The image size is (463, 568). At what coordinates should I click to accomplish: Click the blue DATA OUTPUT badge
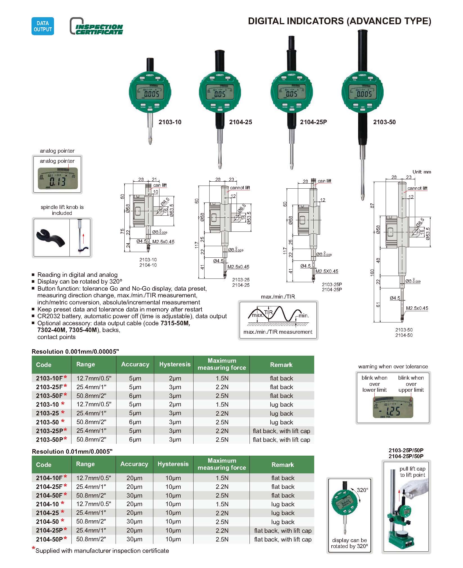point(42,26)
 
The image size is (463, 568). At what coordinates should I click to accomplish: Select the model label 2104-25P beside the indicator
point(313,122)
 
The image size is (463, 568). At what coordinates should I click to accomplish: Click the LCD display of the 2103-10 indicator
point(150,92)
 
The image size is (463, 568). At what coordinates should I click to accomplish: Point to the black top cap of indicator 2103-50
point(363,51)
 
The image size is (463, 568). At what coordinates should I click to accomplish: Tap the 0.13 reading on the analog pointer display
point(57,181)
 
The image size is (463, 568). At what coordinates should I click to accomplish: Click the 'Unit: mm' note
point(421,172)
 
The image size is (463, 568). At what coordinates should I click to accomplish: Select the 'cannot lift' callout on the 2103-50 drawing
point(417,188)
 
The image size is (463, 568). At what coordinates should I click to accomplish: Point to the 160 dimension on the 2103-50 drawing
point(372,272)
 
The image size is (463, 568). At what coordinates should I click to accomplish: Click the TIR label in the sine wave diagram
point(268,312)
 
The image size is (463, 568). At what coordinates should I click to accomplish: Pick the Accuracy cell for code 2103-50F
point(135,396)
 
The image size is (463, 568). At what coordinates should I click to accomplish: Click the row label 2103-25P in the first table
point(50,431)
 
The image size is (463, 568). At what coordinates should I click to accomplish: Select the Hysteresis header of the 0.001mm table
point(175,364)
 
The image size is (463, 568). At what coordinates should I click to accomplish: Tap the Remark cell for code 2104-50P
point(283,540)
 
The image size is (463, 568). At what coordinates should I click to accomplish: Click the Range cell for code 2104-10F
point(94,478)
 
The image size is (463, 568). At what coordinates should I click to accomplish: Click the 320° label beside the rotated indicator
point(362,490)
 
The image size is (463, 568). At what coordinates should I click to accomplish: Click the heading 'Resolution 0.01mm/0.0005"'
point(72,451)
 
